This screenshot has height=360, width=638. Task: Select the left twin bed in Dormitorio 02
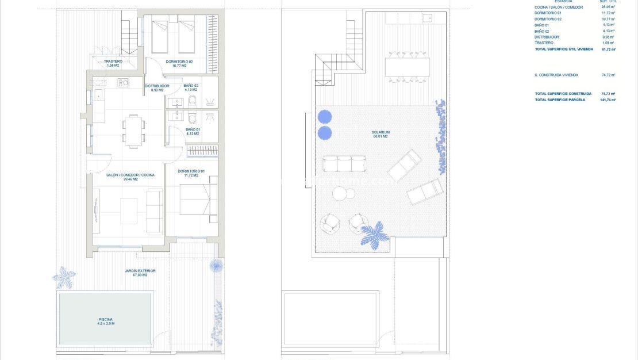click(x=159, y=35)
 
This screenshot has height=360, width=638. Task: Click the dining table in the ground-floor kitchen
click(x=133, y=130)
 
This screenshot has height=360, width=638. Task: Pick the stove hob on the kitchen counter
click(x=123, y=83)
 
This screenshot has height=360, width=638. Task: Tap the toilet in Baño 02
click(x=193, y=102)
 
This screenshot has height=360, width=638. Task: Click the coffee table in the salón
click(x=129, y=211)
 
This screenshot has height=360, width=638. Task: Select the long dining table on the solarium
click(x=408, y=66)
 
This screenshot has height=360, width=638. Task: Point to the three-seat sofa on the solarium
click(x=344, y=164)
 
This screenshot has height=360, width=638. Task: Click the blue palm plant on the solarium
click(x=374, y=235)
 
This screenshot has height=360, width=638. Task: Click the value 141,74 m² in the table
click(x=608, y=99)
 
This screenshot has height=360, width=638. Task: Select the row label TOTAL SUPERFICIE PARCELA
click(x=560, y=99)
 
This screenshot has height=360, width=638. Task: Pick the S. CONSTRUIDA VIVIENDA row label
click(x=556, y=75)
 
